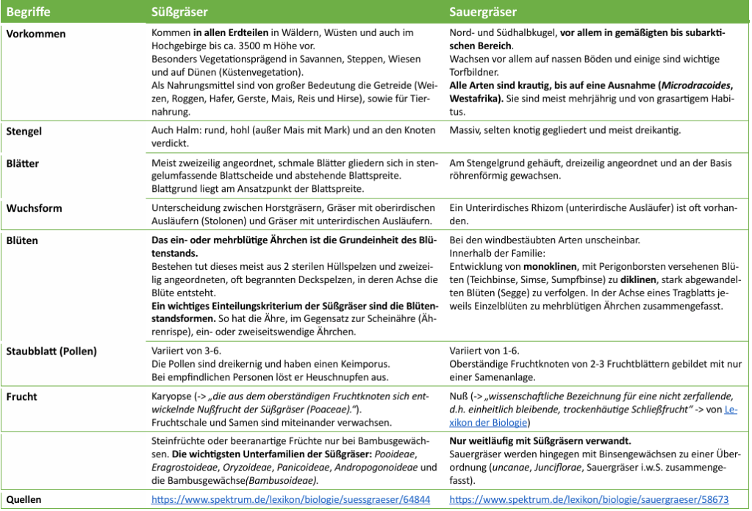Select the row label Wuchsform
tap(34, 208)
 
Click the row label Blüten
tap(24, 240)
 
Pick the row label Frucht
tap(24, 396)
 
